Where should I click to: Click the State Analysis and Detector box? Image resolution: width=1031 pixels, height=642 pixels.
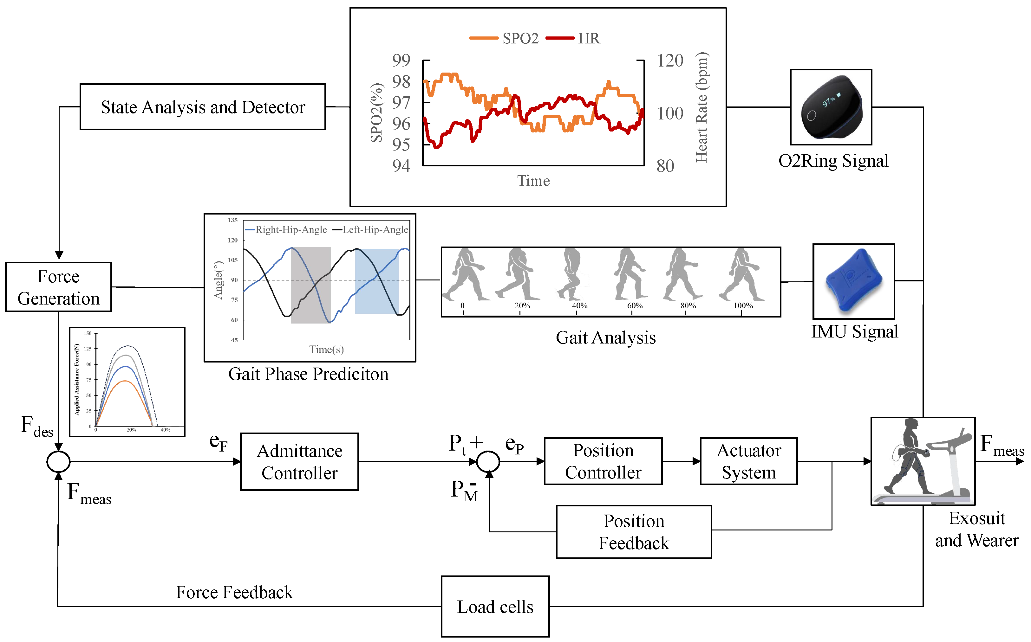pyautogui.click(x=203, y=107)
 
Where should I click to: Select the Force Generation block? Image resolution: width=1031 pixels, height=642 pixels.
pyautogui.click(x=58, y=287)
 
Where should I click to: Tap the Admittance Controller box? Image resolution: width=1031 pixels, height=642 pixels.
pyautogui.click(x=299, y=462)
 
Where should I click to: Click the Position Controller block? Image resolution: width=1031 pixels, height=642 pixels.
pyautogui.click(x=603, y=461)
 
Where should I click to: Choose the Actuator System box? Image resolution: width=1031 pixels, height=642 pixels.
pyautogui.click(x=748, y=461)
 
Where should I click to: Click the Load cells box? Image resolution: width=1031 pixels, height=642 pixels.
pyautogui.click(x=495, y=606)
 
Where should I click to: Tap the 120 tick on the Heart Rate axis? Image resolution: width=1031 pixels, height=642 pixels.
pyautogui.click(x=670, y=61)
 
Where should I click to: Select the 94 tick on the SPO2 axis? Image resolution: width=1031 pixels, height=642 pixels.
pyautogui.click(x=401, y=166)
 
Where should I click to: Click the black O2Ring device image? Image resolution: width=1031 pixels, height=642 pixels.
pyautogui.click(x=831, y=108)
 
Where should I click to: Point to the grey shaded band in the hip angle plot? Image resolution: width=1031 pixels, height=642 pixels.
pyautogui.click(x=310, y=285)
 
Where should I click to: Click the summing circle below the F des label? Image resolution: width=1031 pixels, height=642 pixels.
pyautogui.click(x=58, y=462)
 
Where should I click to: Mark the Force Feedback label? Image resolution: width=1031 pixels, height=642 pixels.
pyautogui.click(x=234, y=592)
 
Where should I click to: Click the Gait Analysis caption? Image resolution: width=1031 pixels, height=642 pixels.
pyautogui.click(x=606, y=337)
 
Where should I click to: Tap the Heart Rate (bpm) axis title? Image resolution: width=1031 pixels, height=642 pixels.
pyautogui.click(x=701, y=107)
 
